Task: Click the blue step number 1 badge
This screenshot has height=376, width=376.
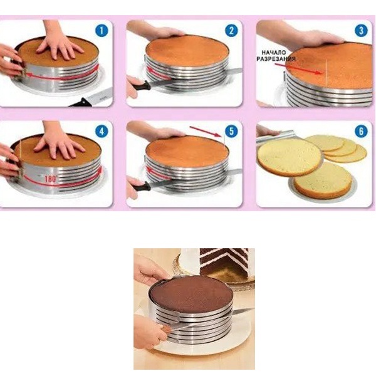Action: click(102, 31)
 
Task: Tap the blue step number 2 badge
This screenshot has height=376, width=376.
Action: click(231, 31)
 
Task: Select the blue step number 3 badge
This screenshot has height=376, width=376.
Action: click(361, 31)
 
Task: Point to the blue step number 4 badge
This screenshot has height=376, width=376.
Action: click(102, 132)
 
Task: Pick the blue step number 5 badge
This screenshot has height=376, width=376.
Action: click(231, 131)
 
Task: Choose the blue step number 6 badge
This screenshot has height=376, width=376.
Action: click(361, 131)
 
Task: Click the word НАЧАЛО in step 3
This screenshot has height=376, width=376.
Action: click(274, 53)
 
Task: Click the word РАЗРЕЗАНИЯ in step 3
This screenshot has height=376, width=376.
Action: click(276, 59)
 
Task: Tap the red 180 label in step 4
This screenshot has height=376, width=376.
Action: click(50, 179)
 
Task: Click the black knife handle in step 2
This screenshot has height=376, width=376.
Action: click(141, 86)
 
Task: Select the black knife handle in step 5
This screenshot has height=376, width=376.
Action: click(141, 186)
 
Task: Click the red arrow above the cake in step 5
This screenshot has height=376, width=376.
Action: click(206, 131)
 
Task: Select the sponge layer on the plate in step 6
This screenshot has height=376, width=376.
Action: click(323, 181)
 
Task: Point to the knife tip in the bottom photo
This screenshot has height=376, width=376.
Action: click(254, 309)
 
